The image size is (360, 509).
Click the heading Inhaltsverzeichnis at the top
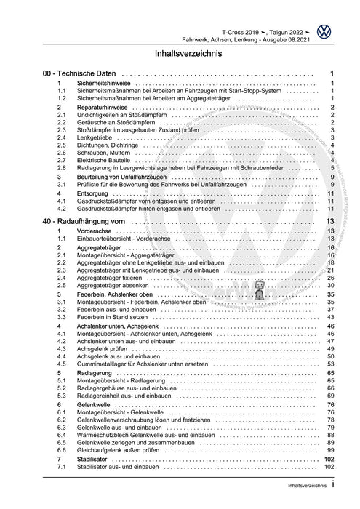[180, 53]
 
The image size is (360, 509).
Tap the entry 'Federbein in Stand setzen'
[118, 317]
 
